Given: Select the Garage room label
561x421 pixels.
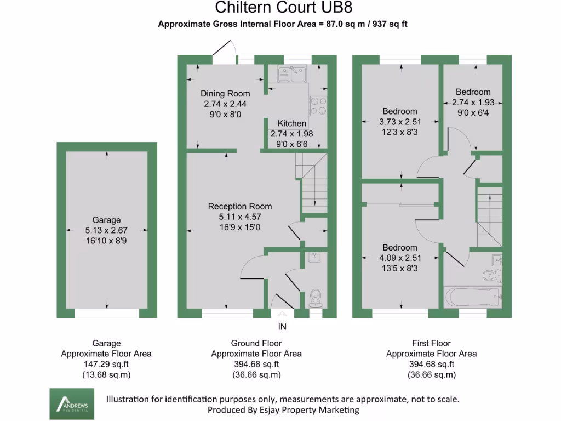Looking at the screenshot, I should [106, 220].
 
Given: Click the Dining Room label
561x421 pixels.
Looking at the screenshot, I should [225, 94].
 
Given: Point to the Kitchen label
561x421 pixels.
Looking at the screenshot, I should [291, 123].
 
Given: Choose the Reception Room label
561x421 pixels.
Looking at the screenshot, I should [240, 207].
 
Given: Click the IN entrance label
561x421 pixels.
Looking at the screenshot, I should [283, 327].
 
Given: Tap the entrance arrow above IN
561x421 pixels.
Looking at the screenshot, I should [283, 316].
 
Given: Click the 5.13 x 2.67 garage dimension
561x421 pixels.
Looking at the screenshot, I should [106, 230].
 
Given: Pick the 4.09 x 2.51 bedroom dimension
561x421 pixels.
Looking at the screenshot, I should [400, 258].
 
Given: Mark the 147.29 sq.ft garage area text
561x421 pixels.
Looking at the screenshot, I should [106, 364].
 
